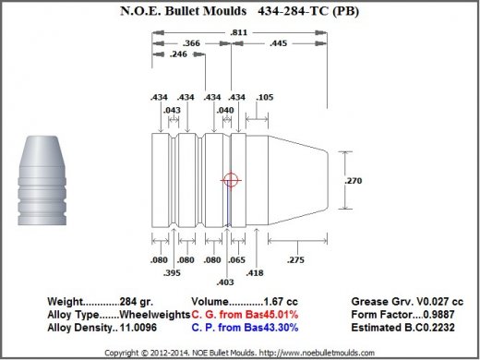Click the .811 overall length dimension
239,32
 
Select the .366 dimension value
191,43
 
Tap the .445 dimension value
278,43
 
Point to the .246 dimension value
178,54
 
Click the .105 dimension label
265,97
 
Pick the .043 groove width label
172,110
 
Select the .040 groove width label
225,110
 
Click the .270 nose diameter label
354,181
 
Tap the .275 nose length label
295,260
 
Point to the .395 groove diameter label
172,273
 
